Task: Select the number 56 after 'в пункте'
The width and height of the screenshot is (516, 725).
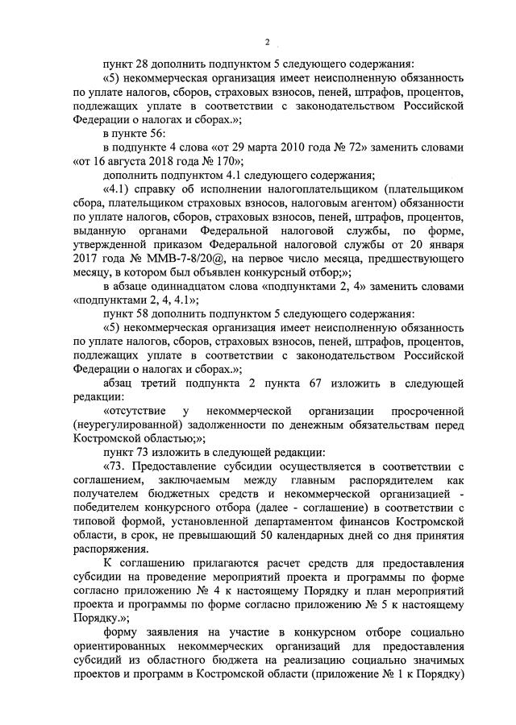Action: point(156,133)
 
